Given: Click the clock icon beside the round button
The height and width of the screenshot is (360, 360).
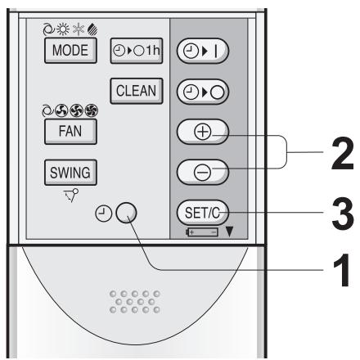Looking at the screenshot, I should tap(103, 215).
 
